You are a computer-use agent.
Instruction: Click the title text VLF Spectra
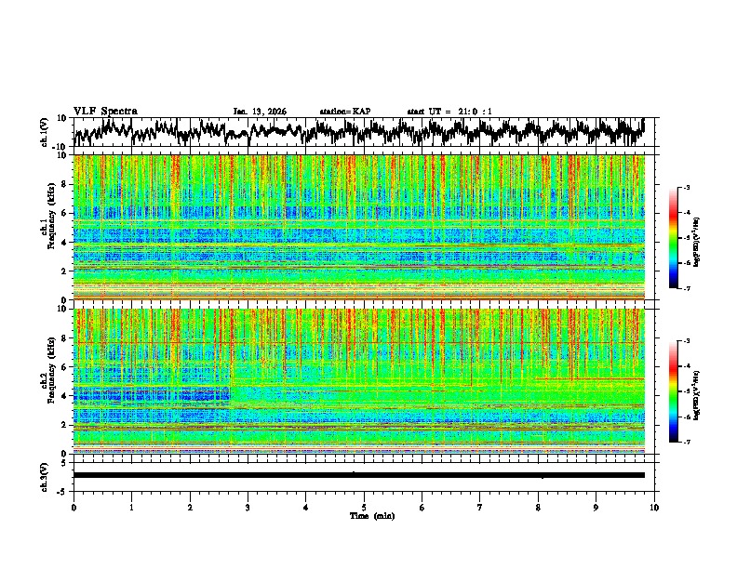pos(105,111)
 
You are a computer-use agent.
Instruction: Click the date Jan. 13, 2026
pos(260,112)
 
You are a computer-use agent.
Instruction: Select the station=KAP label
pos(344,112)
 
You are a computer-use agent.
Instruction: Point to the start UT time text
pos(449,112)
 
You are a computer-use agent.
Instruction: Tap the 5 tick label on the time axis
pos(364,507)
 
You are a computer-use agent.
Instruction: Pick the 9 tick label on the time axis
pos(596,507)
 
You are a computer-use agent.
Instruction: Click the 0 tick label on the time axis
pos(74,507)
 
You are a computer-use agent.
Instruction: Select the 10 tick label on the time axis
pos(654,507)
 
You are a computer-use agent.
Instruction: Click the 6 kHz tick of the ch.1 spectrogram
pos(64,213)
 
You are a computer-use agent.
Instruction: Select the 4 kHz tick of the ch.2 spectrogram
pos(64,395)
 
